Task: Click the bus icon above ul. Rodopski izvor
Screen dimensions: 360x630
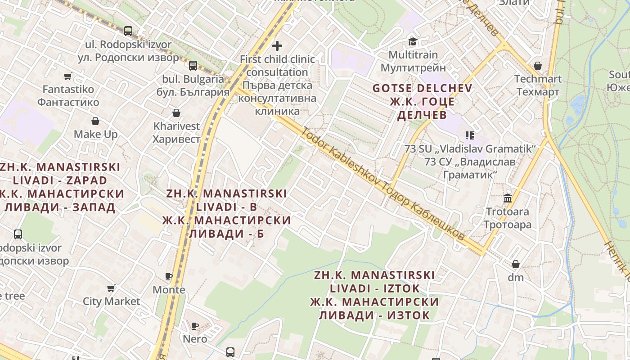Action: [x=128, y=31]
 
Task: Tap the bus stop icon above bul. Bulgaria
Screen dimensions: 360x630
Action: [x=193, y=65]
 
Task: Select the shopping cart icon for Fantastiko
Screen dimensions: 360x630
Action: [x=67, y=76]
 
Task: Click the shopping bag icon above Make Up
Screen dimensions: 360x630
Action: [x=95, y=121]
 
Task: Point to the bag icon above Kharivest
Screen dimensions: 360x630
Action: [x=176, y=112]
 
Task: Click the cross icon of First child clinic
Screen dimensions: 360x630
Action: [x=277, y=45]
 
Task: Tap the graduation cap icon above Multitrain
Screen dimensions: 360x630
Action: [x=413, y=42]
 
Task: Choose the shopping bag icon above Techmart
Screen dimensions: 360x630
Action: [x=537, y=66]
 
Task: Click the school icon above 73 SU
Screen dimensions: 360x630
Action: [x=470, y=135]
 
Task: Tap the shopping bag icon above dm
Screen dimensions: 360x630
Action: [x=516, y=264]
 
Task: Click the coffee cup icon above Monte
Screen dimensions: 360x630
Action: [x=169, y=276]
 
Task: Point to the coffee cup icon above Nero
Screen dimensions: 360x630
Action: [x=195, y=326]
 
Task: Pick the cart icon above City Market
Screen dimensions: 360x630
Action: [x=111, y=288]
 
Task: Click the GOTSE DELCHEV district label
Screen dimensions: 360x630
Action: [x=422, y=88]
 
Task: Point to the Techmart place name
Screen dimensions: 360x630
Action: [x=538, y=79]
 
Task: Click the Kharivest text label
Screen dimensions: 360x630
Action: [x=176, y=126]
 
